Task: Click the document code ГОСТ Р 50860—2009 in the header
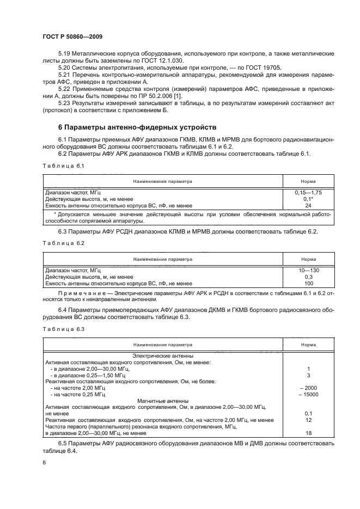click(x=72, y=36)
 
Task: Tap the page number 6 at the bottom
click(x=44, y=462)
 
